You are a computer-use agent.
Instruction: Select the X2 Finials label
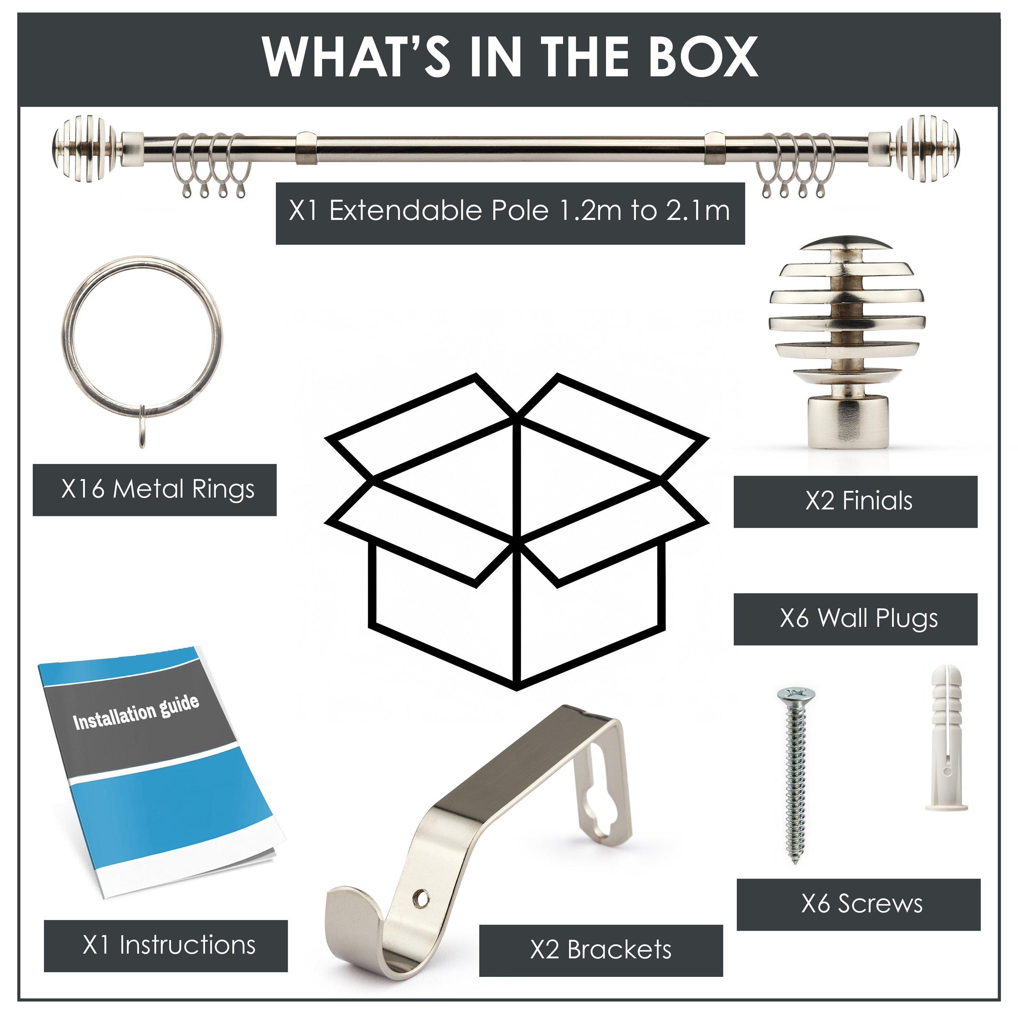(x=855, y=501)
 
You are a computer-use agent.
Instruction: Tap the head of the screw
(x=796, y=696)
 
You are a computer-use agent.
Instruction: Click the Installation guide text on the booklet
(x=136, y=712)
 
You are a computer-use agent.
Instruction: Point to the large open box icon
(x=517, y=532)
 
